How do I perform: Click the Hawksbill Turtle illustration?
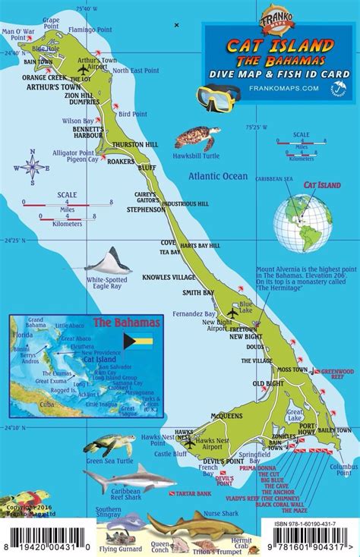pyautogui.click(x=197, y=138)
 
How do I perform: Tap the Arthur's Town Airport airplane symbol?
pyautogui.click(x=83, y=70)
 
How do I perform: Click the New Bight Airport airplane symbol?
pyautogui.click(x=232, y=313)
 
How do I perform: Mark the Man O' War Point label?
pyautogui.click(x=18, y=32)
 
